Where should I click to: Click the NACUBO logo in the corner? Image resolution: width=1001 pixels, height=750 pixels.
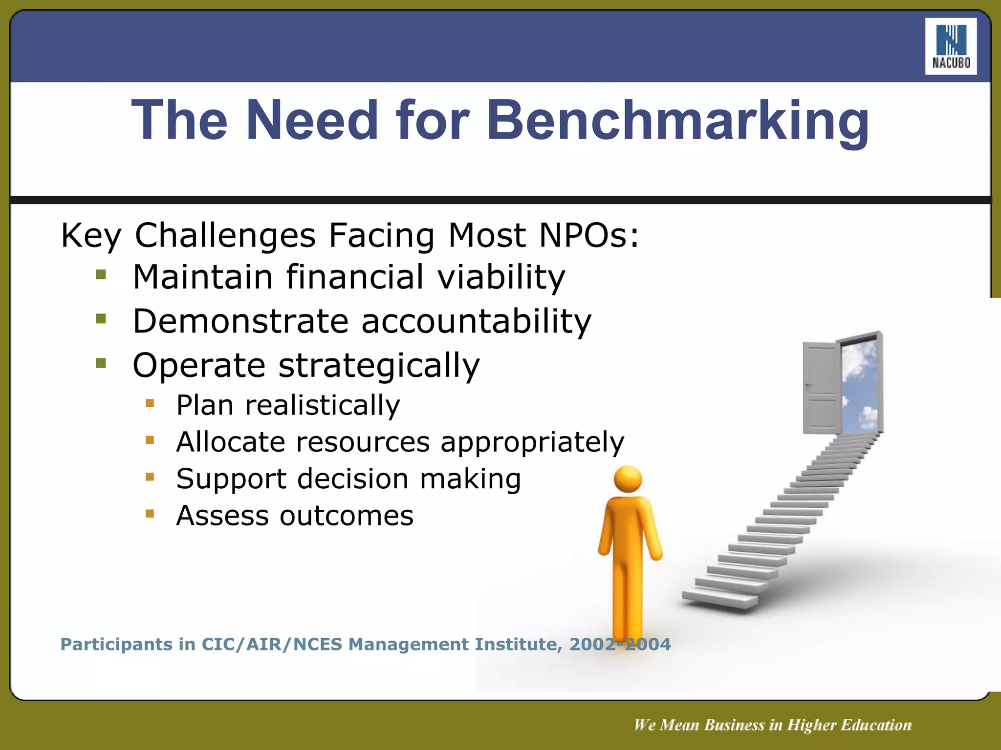[950, 46]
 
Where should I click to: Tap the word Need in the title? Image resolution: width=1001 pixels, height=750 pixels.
[312, 120]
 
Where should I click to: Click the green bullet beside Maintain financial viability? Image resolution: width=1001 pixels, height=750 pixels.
[101, 275]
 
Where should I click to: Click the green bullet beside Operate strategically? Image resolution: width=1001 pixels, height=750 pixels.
[101, 363]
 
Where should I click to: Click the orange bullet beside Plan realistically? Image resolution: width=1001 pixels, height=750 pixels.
[150, 403]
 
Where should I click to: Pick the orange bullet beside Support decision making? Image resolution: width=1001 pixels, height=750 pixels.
[150, 477]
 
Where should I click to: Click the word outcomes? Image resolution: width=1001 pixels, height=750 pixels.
[346, 516]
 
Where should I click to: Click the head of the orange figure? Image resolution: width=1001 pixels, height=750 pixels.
[628, 479]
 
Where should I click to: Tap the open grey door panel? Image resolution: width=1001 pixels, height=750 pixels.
[821, 388]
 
